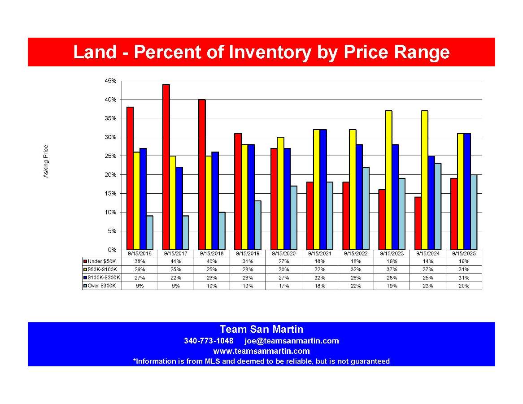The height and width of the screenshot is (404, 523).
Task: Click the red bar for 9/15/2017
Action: (166, 167)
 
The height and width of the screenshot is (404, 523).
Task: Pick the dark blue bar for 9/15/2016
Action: (143, 199)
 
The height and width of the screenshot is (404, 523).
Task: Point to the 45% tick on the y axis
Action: (111, 81)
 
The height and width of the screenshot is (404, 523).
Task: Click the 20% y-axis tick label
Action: (111, 174)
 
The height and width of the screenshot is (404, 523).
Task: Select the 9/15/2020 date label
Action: (283, 253)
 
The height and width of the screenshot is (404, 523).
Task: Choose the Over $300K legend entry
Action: (102, 286)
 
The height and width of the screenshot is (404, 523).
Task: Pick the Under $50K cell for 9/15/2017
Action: (175, 261)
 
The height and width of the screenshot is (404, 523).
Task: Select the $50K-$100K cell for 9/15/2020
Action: (283, 269)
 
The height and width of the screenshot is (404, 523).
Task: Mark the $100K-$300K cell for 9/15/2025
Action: (464, 278)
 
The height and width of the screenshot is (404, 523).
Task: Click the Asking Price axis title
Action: (46, 161)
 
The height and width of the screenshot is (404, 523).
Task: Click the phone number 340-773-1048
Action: (209, 341)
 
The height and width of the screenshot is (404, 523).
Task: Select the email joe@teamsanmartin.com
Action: (292, 341)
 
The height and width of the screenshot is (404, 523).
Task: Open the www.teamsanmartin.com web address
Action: (261, 351)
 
